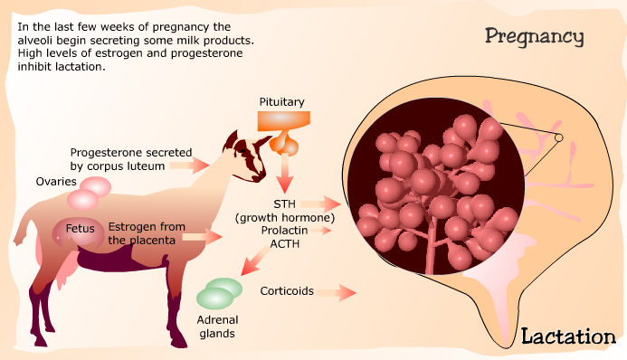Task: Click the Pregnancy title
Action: (534, 37)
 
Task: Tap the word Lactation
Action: (568, 336)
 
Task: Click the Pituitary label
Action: (282, 102)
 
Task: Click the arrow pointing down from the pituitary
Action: (285, 173)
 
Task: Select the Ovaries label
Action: (56, 182)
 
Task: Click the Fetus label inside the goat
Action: (80, 229)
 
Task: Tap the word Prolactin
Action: (284, 231)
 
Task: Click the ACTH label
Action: (285, 243)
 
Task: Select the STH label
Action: (285, 204)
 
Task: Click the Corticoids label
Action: (287, 291)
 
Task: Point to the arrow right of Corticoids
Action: (336, 293)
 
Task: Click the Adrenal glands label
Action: (217, 327)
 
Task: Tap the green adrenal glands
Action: (219, 294)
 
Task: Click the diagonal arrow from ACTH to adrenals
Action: (255, 261)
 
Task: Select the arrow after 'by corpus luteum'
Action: (189, 165)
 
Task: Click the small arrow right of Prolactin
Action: (320, 231)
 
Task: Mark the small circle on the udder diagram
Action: (558, 137)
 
